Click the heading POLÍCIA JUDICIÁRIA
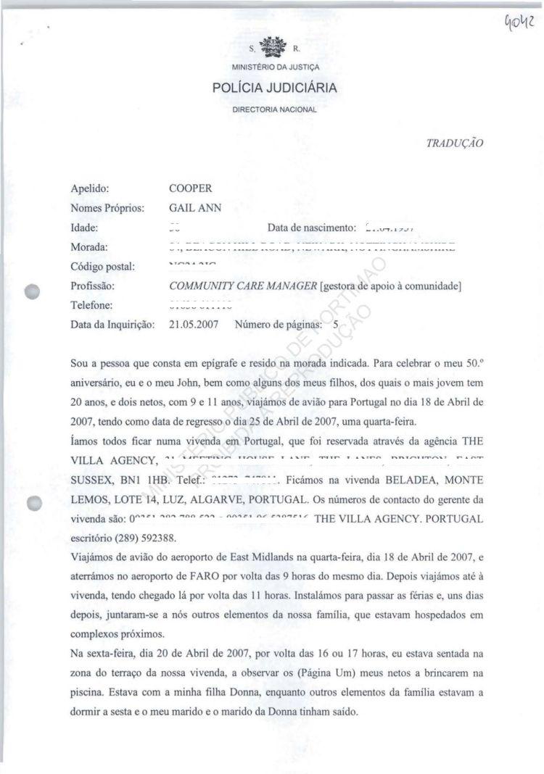[274, 89]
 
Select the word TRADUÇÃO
[455, 143]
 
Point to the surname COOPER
[190, 188]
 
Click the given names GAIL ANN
[195, 208]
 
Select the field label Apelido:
[90, 188]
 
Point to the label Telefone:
[92, 305]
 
